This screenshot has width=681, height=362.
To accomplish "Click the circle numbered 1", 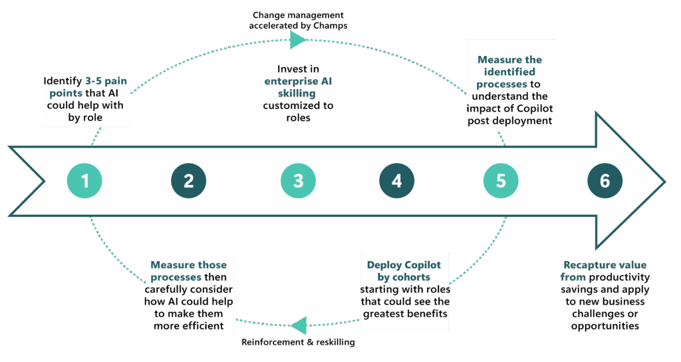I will coord(85,181).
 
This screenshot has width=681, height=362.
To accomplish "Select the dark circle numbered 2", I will coord(189,181).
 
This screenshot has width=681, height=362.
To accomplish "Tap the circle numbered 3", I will coord(298,181).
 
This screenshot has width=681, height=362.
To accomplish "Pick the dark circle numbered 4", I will coord(397,181).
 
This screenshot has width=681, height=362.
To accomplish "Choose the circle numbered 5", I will coord(501,181).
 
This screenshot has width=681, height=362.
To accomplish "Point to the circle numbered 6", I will coord(605,181).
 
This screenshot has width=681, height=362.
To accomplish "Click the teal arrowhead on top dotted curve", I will coord(297,40).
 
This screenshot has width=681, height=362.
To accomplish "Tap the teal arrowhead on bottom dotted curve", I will coord(299,325).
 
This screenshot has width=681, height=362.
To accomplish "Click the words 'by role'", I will coord(83,117).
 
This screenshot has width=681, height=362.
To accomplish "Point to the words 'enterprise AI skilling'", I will coord(298,88).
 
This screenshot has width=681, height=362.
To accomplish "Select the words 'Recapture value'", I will coord(605,265).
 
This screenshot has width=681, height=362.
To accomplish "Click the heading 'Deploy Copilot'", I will coord(404,265).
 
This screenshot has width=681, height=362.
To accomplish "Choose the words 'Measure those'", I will coord(188,265).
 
